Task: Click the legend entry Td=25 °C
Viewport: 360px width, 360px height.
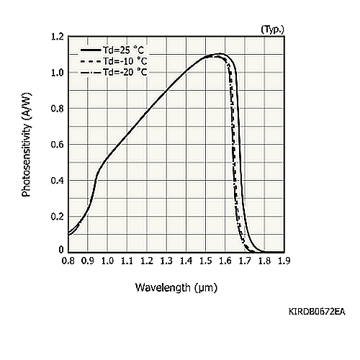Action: [x=112, y=50]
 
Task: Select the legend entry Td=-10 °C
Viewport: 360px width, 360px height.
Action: [x=114, y=61]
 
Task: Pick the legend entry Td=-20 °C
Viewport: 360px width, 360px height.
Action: [x=114, y=72]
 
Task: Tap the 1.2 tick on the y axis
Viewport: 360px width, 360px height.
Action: [x=58, y=37]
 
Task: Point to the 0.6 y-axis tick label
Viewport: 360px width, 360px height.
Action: [x=58, y=145]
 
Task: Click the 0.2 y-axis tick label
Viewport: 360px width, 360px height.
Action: [x=58, y=217]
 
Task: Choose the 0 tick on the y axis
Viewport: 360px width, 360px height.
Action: [x=61, y=250]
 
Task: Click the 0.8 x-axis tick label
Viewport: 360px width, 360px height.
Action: [x=68, y=261]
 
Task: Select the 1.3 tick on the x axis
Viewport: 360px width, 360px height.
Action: [x=166, y=261]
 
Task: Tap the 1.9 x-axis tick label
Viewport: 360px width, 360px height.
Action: [x=284, y=261]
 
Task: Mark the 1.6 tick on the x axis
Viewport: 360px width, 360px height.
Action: [x=225, y=261]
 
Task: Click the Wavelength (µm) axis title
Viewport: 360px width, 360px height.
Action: [x=176, y=287]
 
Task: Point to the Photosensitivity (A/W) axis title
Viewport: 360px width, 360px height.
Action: [x=27, y=145]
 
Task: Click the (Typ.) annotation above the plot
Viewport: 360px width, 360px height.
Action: [x=272, y=30]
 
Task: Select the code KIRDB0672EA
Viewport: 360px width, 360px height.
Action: [x=317, y=312]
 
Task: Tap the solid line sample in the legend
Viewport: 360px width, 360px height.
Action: [x=91, y=50]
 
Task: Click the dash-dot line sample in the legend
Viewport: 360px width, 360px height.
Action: [x=91, y=72]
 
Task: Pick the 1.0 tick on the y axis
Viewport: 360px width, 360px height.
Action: [x=58, y=73]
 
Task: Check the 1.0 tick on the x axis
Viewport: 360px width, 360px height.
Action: [x=107, y=261]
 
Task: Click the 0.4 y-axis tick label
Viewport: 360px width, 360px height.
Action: [x=58, y=181]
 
